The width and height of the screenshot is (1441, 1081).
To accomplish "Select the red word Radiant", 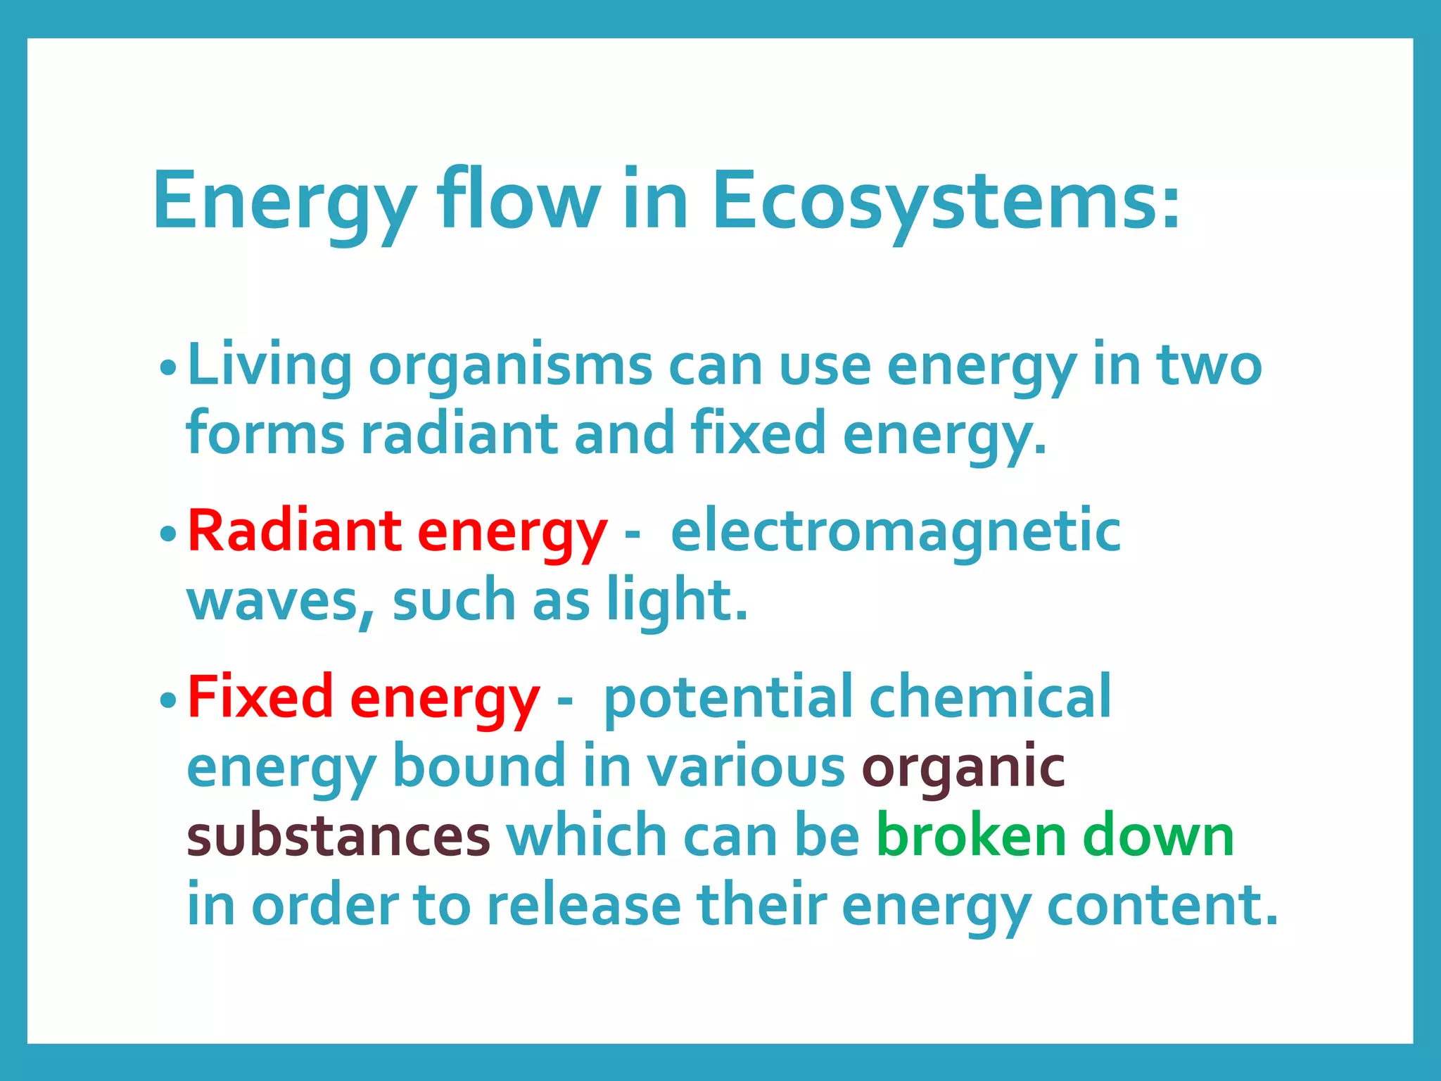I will pyautogui.click(x=295, y=531).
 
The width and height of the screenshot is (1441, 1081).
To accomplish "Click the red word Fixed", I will pyautogui.click(x=260, y=697).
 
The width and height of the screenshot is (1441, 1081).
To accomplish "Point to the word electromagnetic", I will pyautogui.click(x=895, y=531).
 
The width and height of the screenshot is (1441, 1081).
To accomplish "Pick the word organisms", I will pyautogui.click(x=510, y=367).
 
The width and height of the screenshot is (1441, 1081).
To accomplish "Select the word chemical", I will pyautogui.click(x=990, y=697).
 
